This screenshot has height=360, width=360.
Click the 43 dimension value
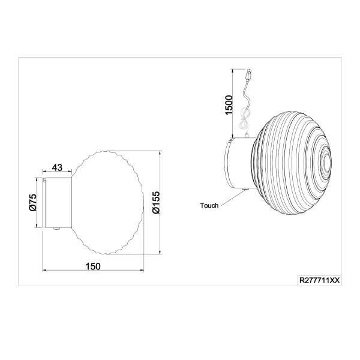coord(58,167)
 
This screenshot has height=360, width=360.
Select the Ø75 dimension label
coord(34,203)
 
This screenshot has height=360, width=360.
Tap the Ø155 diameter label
coord(154,203)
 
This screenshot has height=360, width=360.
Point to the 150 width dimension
coord(92,266)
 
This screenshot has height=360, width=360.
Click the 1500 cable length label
coord(228,105)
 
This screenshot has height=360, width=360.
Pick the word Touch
coord(209,205)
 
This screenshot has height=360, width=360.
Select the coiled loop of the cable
coord(244,120)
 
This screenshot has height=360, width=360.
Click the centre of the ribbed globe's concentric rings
coord(325,160)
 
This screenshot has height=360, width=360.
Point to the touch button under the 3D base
coord(244,191)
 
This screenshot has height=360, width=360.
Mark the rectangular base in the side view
coord(59,203)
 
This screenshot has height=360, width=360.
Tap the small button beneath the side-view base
coord(55,229)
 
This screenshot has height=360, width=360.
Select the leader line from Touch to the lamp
coord(231,199)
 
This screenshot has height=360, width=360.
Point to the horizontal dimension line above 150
coord(92,272)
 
